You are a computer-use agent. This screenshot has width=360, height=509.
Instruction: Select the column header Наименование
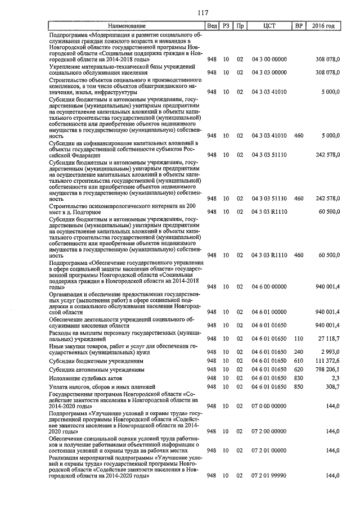pyautogui.click(x=127, y=26)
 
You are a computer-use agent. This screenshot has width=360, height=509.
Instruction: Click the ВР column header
pyautogui.click(x=299, y=26)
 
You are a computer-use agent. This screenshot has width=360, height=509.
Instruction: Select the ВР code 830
pyautogui.click(x=299, y=379)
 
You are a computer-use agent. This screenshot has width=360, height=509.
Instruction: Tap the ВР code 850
pyautogui.click(x=299, y=387)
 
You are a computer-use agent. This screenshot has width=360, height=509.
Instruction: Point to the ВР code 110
pyautogui.click(x=299, y=339)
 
